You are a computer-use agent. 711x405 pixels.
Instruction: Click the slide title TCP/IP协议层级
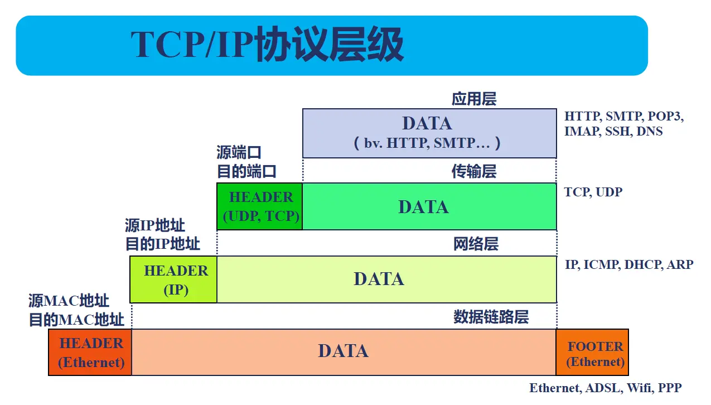click(x=267, y=45)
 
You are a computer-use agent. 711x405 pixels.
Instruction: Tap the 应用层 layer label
click(x=473, y=99)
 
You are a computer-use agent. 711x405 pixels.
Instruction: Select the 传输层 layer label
click(x=473, y=171)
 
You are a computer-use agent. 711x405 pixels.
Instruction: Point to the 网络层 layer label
click(x=475, y=244)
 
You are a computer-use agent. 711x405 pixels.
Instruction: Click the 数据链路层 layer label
click(x=491, y=317)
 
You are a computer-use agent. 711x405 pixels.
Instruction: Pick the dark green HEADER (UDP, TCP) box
click(x=260, y=206)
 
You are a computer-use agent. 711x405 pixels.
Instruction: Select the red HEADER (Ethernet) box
click(x=91, y=352)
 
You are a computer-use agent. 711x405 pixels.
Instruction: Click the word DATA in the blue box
click(x=427, y=123)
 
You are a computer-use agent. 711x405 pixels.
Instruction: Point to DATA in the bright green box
click(x=423, y=207)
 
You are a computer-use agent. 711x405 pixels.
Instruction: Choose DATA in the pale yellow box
click(x=379, y=279)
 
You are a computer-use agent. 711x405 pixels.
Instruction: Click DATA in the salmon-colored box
click(x=343, y=351)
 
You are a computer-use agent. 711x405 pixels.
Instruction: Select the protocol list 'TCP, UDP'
click(x=593, y=192)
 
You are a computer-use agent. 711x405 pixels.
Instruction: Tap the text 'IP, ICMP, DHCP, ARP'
click(x=628, y=264)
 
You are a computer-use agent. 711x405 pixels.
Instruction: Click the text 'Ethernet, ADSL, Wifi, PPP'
click(x=605, y=388)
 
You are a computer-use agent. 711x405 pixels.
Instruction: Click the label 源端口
click(x=239, y=152)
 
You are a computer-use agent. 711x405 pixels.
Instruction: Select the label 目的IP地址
click(x=162, y=244)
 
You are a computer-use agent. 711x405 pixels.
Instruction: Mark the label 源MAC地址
click(x=69, y=301)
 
